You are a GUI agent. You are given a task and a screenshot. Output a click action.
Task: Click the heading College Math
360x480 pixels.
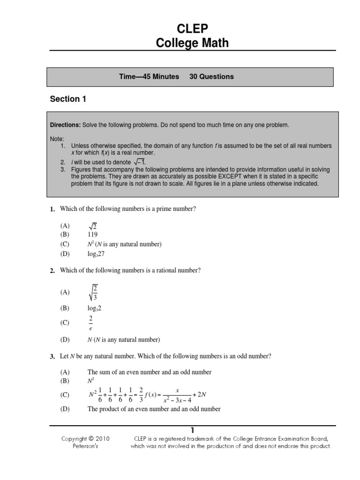click(192, 43)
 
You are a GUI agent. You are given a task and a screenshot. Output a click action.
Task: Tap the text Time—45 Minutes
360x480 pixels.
click(149, 76)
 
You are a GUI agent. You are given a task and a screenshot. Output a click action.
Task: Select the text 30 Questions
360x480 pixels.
click(211, 76)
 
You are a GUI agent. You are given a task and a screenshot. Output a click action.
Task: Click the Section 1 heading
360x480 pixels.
click(68, 99)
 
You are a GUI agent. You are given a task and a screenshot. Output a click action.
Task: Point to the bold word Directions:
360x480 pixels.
click(66, 126)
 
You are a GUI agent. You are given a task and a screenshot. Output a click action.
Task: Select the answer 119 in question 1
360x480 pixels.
click(93, 234)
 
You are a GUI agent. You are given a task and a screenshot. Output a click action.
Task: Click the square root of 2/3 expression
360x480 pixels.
click(94, 292)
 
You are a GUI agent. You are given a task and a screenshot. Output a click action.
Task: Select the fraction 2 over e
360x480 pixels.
click(91, 323)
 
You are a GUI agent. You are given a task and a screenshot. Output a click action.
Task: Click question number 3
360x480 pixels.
click(52, 357)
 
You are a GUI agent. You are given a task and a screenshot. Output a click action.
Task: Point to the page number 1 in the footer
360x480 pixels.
click(192, 430)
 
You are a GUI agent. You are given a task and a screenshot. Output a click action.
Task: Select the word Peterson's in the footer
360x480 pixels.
click(85, 446)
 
